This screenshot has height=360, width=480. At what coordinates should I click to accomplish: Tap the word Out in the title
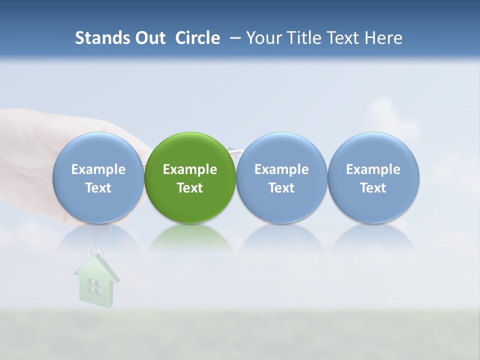(x=149, y=38)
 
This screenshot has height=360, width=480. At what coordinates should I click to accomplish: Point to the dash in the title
(x=233, y=38)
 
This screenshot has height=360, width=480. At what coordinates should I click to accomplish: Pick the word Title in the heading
(x=303, y=38)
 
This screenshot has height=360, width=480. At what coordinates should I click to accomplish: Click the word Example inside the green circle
(x=190, y=169)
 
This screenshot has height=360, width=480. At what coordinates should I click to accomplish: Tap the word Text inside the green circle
(x=190, y=188)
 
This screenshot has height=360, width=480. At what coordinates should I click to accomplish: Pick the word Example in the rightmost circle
(x=373, y=169)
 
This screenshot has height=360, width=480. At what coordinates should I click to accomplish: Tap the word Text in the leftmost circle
(x=98, y=188)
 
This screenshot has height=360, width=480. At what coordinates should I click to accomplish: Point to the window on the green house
(x=94, y=286)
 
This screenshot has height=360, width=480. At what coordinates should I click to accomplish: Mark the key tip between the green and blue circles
(x=232, y=149)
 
